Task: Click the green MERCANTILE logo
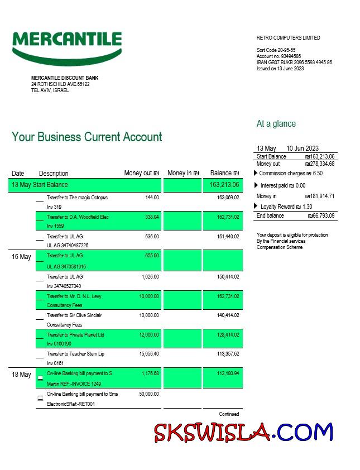click(x=67, y=46)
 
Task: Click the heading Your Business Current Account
click(x=87, y=137)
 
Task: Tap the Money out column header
click(x=141, y=173)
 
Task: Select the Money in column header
click(x=183, y=173)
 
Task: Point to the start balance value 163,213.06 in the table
click(x=224, y=185)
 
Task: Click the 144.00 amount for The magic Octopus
click(x=152, y=198)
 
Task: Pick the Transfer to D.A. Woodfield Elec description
click(x=78, y=217)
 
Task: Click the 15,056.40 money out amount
click(x=148, y=354)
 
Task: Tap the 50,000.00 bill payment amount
click(x=148, y=394)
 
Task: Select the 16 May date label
click(x=21, y=257)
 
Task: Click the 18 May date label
click(x=21, y=375)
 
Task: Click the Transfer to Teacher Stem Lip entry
click(x=75, y=354)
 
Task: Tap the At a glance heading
click(x=276, y=124)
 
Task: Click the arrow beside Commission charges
click(x=256, y=174)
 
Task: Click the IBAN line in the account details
click(x=294, y=63)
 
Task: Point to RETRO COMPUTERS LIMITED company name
click(x=288, y=38)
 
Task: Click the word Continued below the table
click(x=229, y=414)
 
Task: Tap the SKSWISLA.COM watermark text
click(x=243, y=433)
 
